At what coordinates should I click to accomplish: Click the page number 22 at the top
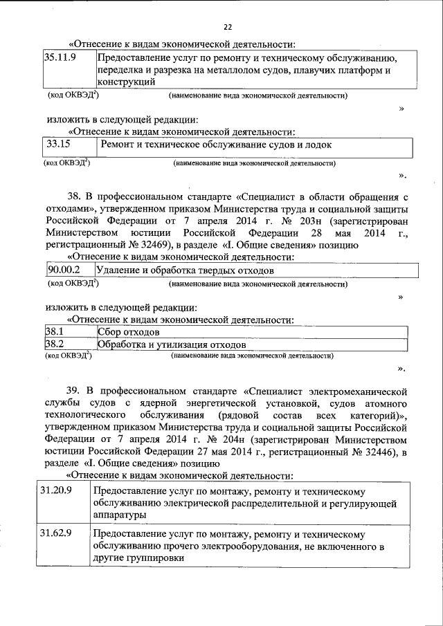click(227, 27)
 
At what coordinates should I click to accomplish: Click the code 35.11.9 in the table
click(60, 58)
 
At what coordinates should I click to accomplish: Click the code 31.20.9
click(57, 490)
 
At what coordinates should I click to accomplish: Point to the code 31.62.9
click(57, 535)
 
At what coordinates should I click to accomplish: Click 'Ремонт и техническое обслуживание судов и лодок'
click(216, 145)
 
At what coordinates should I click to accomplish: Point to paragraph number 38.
click(74, 196)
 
